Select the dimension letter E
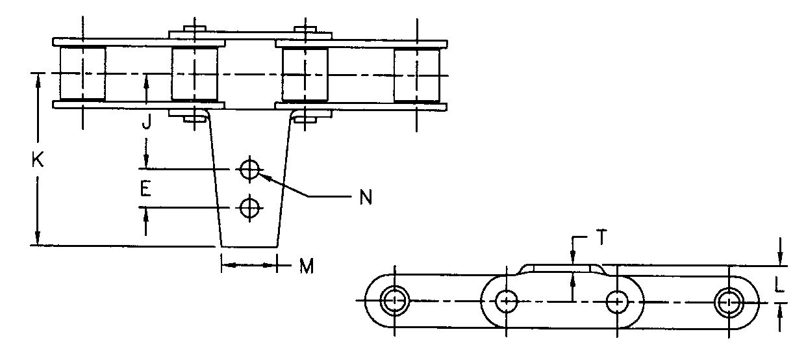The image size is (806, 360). (147, 189)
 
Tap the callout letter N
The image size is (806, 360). (366, 198)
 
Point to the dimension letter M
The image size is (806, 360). (305, 265)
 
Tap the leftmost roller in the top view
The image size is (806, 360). (82, 74)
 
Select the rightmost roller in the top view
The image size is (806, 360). (416, 74)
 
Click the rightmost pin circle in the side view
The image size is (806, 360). (729, 302)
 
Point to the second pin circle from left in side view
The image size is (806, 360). (506, 301)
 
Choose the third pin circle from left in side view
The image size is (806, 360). (616, 301)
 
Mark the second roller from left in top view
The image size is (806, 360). (194, 74)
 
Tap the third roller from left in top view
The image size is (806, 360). (305, 74)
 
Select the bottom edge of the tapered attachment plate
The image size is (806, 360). (249, 247)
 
